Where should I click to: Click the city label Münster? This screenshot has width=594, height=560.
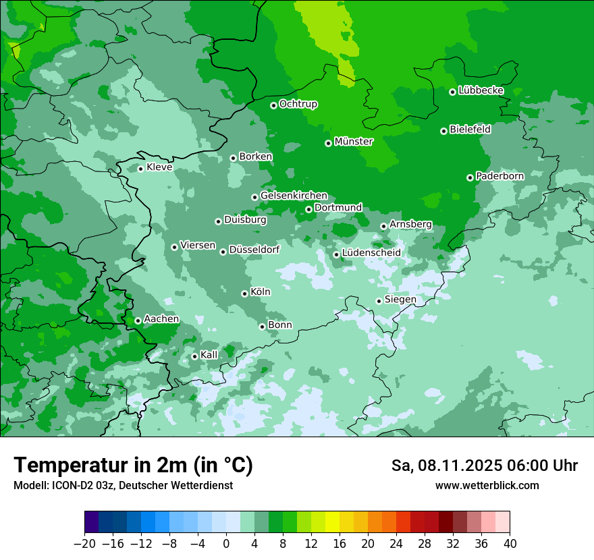point(354,142)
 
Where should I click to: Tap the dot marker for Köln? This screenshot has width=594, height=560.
point(244,293)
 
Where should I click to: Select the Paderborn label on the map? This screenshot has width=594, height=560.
point(500,176)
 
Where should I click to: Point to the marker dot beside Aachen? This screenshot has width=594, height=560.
point(138,320)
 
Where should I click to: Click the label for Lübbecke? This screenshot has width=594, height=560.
point(481,90)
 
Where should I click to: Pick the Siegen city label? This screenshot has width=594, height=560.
point(400,300)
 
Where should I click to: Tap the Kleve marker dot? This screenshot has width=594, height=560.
point(140,169)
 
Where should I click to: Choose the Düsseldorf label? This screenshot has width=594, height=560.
point(254,250)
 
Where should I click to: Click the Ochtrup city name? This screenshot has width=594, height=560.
point(298,104)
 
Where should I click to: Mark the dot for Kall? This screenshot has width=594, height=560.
point(194,356)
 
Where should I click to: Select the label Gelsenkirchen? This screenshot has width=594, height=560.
point(294,196)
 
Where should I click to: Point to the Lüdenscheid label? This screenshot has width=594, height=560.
point(371,253)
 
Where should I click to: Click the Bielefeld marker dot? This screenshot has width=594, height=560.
point(443,131)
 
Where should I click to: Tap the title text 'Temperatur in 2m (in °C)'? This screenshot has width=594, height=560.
point(133,466)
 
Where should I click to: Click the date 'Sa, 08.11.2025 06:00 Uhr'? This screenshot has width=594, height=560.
point(484,466)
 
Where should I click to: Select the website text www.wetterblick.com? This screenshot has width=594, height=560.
point(487,486)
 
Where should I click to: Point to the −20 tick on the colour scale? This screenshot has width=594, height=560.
point(84,544)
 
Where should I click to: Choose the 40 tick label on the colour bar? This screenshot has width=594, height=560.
point(510,544)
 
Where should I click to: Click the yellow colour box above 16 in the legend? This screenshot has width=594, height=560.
point(332,522)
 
